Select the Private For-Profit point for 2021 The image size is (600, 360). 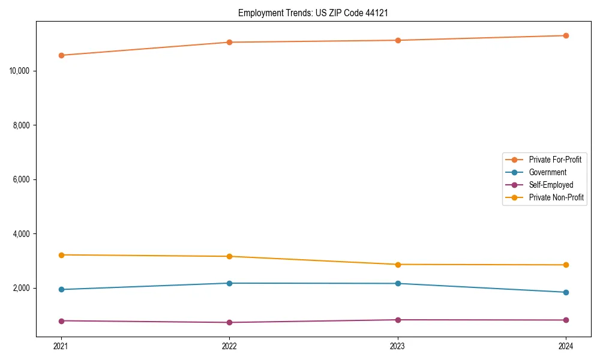pyautogui.click(x=61, y=55)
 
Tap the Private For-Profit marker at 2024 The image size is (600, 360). pyautogui.click(x=566, y=35)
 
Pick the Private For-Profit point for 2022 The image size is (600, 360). pyautogui.click(x=229, y=42)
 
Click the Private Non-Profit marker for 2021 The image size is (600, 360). pyautogui.click(x=61, y=255)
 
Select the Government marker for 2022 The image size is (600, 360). pyautogui.click(x=229, y=283)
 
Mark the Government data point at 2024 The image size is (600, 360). pyautogui.click(x=566, y=292)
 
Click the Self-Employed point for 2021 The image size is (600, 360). pyautogui.click(x=61, y=321)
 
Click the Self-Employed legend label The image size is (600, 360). pyautogui.click(x=551, y=185)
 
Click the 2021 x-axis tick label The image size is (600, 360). pyautogui.click(x=61, y=346)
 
